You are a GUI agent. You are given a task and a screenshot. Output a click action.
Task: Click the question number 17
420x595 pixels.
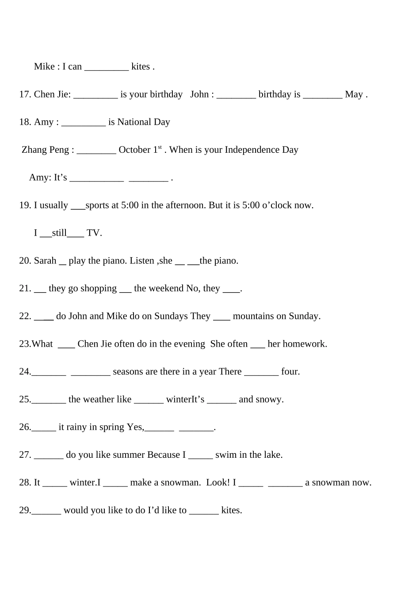[25, 94]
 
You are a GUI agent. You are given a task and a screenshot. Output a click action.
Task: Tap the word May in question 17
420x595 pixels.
[354, 94]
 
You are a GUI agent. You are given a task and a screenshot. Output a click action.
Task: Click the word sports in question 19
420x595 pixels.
[97, 205]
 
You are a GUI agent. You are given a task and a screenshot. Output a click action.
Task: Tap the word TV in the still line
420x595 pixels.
[93, 233]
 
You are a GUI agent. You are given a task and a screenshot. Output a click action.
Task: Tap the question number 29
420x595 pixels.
[25, 510]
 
